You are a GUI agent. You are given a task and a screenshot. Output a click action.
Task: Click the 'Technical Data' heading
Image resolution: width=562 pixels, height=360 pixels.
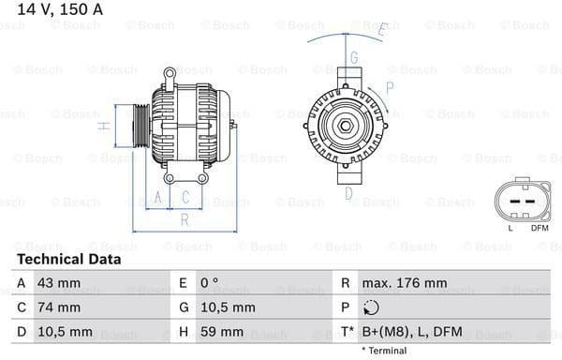pos(68,259)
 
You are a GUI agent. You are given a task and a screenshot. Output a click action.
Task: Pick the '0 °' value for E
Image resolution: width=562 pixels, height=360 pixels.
pos(209,282)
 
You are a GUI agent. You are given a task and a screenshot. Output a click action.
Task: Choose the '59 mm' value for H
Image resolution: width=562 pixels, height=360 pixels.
pos(222,332)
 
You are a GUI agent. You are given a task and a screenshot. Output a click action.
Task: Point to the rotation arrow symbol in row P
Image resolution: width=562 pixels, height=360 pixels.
pos(372,307)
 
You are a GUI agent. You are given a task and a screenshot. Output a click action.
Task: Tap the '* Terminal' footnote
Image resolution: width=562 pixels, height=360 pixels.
pos(383,351)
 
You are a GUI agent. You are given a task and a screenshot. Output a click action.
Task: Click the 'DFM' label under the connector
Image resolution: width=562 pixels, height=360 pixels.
pos(540,227)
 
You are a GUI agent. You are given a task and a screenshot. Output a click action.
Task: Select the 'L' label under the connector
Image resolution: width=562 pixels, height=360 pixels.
pos(510,227)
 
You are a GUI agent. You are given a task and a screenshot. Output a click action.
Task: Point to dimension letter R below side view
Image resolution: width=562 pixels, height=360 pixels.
pos(185,219)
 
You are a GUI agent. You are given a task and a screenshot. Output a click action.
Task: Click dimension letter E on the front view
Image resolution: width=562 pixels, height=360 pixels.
pos(382,30)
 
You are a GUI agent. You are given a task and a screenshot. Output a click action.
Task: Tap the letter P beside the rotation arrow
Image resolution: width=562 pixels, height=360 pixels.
pos(390,87)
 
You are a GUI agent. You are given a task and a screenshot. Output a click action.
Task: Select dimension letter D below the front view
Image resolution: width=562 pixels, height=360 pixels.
pos(348,194)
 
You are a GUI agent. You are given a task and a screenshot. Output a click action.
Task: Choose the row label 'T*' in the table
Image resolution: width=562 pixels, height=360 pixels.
pos(348,332)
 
